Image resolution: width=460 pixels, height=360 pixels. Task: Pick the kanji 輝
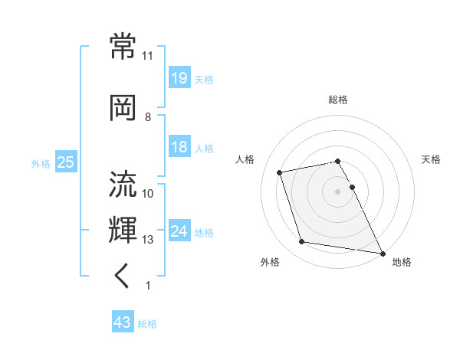[123, 230]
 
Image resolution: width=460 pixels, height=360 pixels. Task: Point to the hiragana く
[123, 277]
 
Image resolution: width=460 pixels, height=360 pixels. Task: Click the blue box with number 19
[179, 78]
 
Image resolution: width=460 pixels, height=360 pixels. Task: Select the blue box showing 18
[179, 148]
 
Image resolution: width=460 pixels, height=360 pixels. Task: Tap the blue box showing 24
[179, 231]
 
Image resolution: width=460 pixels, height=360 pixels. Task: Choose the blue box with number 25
[65, 162]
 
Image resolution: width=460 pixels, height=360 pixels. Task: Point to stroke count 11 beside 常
[148, 56]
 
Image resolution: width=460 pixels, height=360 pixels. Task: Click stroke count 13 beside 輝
[148, 240]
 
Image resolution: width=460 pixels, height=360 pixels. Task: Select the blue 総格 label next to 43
[147, 324]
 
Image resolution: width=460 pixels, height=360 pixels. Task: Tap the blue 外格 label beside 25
[41, 163]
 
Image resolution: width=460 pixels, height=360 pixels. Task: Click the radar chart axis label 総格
[338, 100]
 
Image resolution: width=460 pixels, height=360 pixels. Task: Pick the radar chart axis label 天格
[432, 159]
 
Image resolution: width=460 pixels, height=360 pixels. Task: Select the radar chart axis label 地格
[402, 263]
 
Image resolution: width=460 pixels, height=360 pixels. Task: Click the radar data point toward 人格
[280, 172]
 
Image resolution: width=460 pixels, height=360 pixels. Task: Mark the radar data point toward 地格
[382, 252]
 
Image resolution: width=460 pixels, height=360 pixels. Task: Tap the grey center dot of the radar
[338, 191]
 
